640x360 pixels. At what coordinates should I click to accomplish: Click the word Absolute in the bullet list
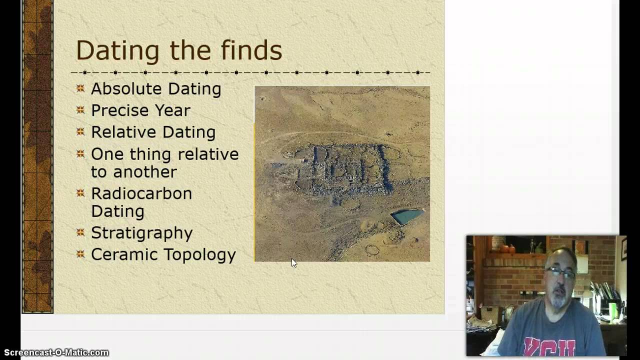pos(127,89)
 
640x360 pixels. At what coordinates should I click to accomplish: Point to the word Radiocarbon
pos(141,193)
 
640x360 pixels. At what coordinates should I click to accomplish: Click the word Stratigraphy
pos(141,233)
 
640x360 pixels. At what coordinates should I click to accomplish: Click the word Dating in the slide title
pos(117,51)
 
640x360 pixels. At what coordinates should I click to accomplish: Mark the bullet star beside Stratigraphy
pos(80,232)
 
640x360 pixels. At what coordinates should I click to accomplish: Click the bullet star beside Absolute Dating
pos(80,88)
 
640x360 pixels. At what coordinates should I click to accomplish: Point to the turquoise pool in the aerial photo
pos(407,216)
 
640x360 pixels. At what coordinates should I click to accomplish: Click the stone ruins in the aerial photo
pos(345,170)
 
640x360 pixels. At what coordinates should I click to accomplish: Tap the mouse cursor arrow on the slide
pos(293,263)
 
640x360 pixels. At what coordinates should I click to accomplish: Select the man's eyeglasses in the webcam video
pos(559,272)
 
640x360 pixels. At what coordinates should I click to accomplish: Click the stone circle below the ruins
pos(372,249)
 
